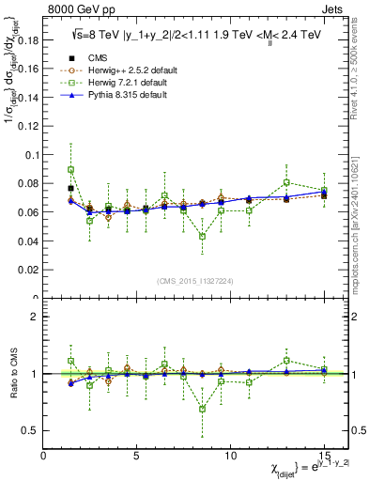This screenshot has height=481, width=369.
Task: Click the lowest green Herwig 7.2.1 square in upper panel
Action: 202,237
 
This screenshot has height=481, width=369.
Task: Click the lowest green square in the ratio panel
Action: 202,409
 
